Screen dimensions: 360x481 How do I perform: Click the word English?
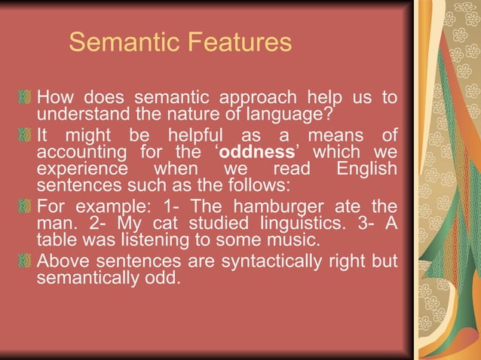(366, 168)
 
